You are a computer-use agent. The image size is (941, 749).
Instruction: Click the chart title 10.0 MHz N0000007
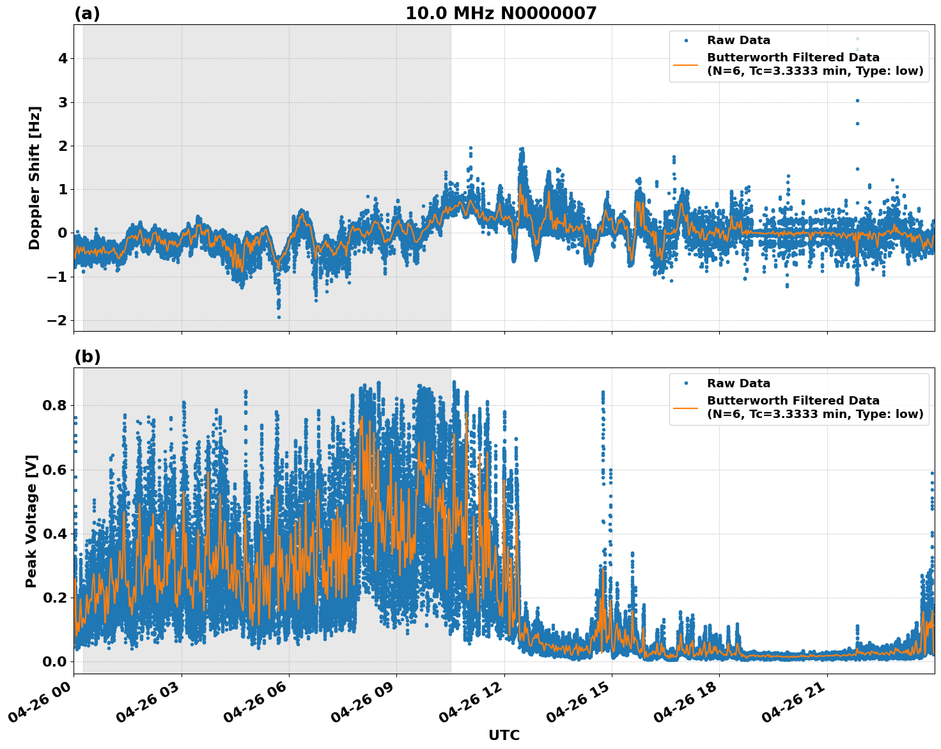(501, 13)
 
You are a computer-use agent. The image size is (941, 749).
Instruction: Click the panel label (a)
(87, 13)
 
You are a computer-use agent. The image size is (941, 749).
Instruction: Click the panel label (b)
(87, 357)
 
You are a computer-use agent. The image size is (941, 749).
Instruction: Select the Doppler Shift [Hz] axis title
(35, 178)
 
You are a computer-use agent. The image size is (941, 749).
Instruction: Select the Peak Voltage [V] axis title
(31, 521)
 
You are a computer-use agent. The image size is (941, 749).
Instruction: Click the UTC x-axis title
(504, 735)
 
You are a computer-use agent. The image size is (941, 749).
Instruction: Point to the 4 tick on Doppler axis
(63, 59)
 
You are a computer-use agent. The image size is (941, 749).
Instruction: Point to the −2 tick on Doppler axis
(58, 320)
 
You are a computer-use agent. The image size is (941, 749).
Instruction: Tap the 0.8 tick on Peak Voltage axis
(55, 405)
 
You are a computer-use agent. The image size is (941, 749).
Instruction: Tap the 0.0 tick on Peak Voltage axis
(55, 661)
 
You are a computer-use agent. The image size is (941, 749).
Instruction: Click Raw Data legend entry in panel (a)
(738, 40)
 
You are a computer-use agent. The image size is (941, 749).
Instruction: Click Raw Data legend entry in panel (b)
(738, 383)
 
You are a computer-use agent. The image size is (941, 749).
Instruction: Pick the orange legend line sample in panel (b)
(685, 407)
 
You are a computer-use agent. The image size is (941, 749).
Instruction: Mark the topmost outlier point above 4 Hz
(858, 38)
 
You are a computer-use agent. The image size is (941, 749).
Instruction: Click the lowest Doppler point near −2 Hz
(279, 317)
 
